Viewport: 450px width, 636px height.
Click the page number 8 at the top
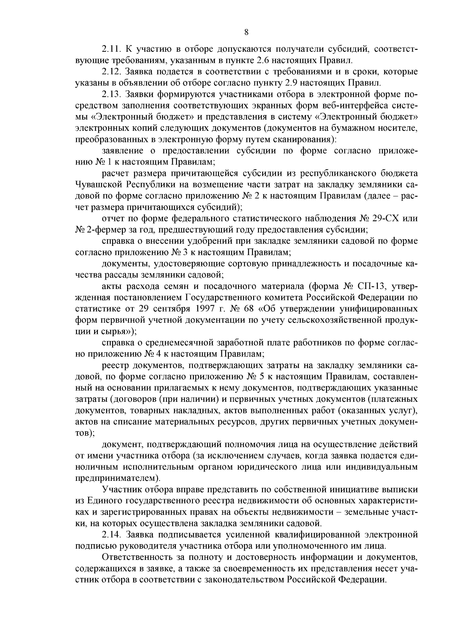pyautogui.click(x=246, y=33)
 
